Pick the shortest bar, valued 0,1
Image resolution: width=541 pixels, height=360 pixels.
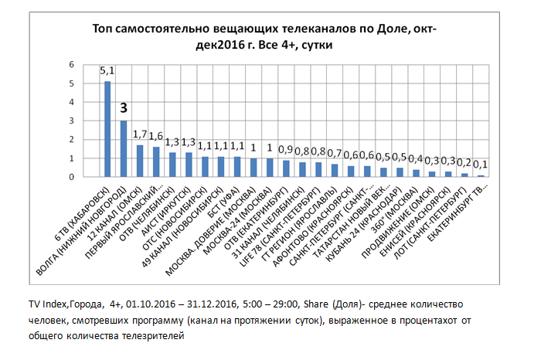pyautogui.click(x=480, y=175)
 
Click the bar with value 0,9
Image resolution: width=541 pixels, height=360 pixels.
pyautogui.click(x=286, y=168)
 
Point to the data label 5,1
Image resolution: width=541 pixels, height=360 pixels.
pyautogui.click(x=107, y=71)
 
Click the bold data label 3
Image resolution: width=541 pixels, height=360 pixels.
pyautogui.click(x=124, y=108)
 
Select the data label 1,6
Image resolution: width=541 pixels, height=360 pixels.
pyautogui.click(x=157, y=136)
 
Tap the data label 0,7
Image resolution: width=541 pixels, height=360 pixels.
pyautogui.click(x=335, y=153)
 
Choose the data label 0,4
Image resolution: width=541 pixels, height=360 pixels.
pyautogui.click(x=416, y=158)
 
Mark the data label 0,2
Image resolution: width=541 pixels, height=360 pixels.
pyautogui.click(x=464, y=162)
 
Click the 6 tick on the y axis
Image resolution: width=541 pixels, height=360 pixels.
pyautogui.click(x=71, y=64)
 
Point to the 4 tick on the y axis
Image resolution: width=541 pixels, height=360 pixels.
pyautogui.click(x=71, y=102)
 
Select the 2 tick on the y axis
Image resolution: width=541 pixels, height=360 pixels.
pyautogui.click(x=71, y=139)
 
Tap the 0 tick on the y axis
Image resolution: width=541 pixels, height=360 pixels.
pyautogui.click(x=71, y=177)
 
